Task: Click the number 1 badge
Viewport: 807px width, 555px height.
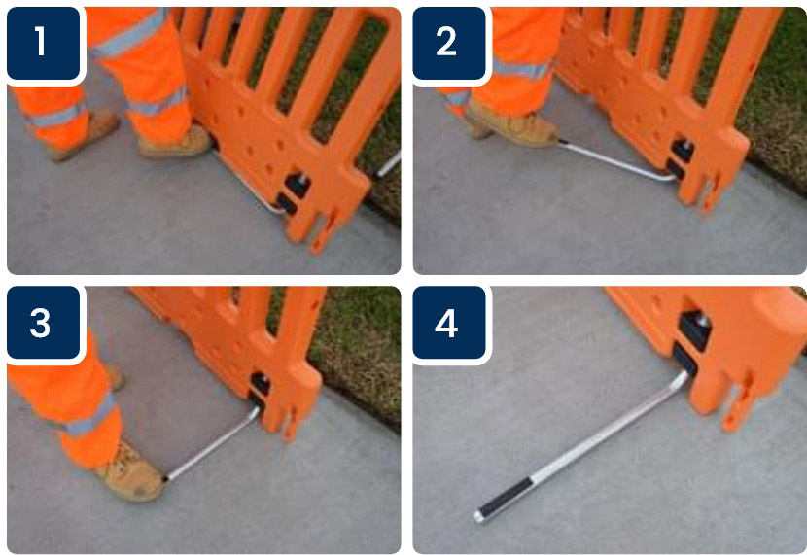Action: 43,43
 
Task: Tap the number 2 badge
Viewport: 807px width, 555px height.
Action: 449,43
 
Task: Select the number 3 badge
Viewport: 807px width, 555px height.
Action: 43,323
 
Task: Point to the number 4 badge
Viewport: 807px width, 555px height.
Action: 449,323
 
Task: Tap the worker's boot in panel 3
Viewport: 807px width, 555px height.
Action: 132,473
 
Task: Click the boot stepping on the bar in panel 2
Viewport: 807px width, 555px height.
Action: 514,126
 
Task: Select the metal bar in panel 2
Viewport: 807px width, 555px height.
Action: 617,162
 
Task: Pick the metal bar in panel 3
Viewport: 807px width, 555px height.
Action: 212,445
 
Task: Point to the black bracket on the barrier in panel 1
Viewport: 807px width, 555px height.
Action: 294,193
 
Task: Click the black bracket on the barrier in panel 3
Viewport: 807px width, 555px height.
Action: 260,392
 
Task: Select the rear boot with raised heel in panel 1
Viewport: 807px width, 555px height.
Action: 85,135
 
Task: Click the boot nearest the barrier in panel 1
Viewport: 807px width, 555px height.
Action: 175,141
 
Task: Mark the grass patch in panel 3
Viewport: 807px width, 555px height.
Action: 355,355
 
